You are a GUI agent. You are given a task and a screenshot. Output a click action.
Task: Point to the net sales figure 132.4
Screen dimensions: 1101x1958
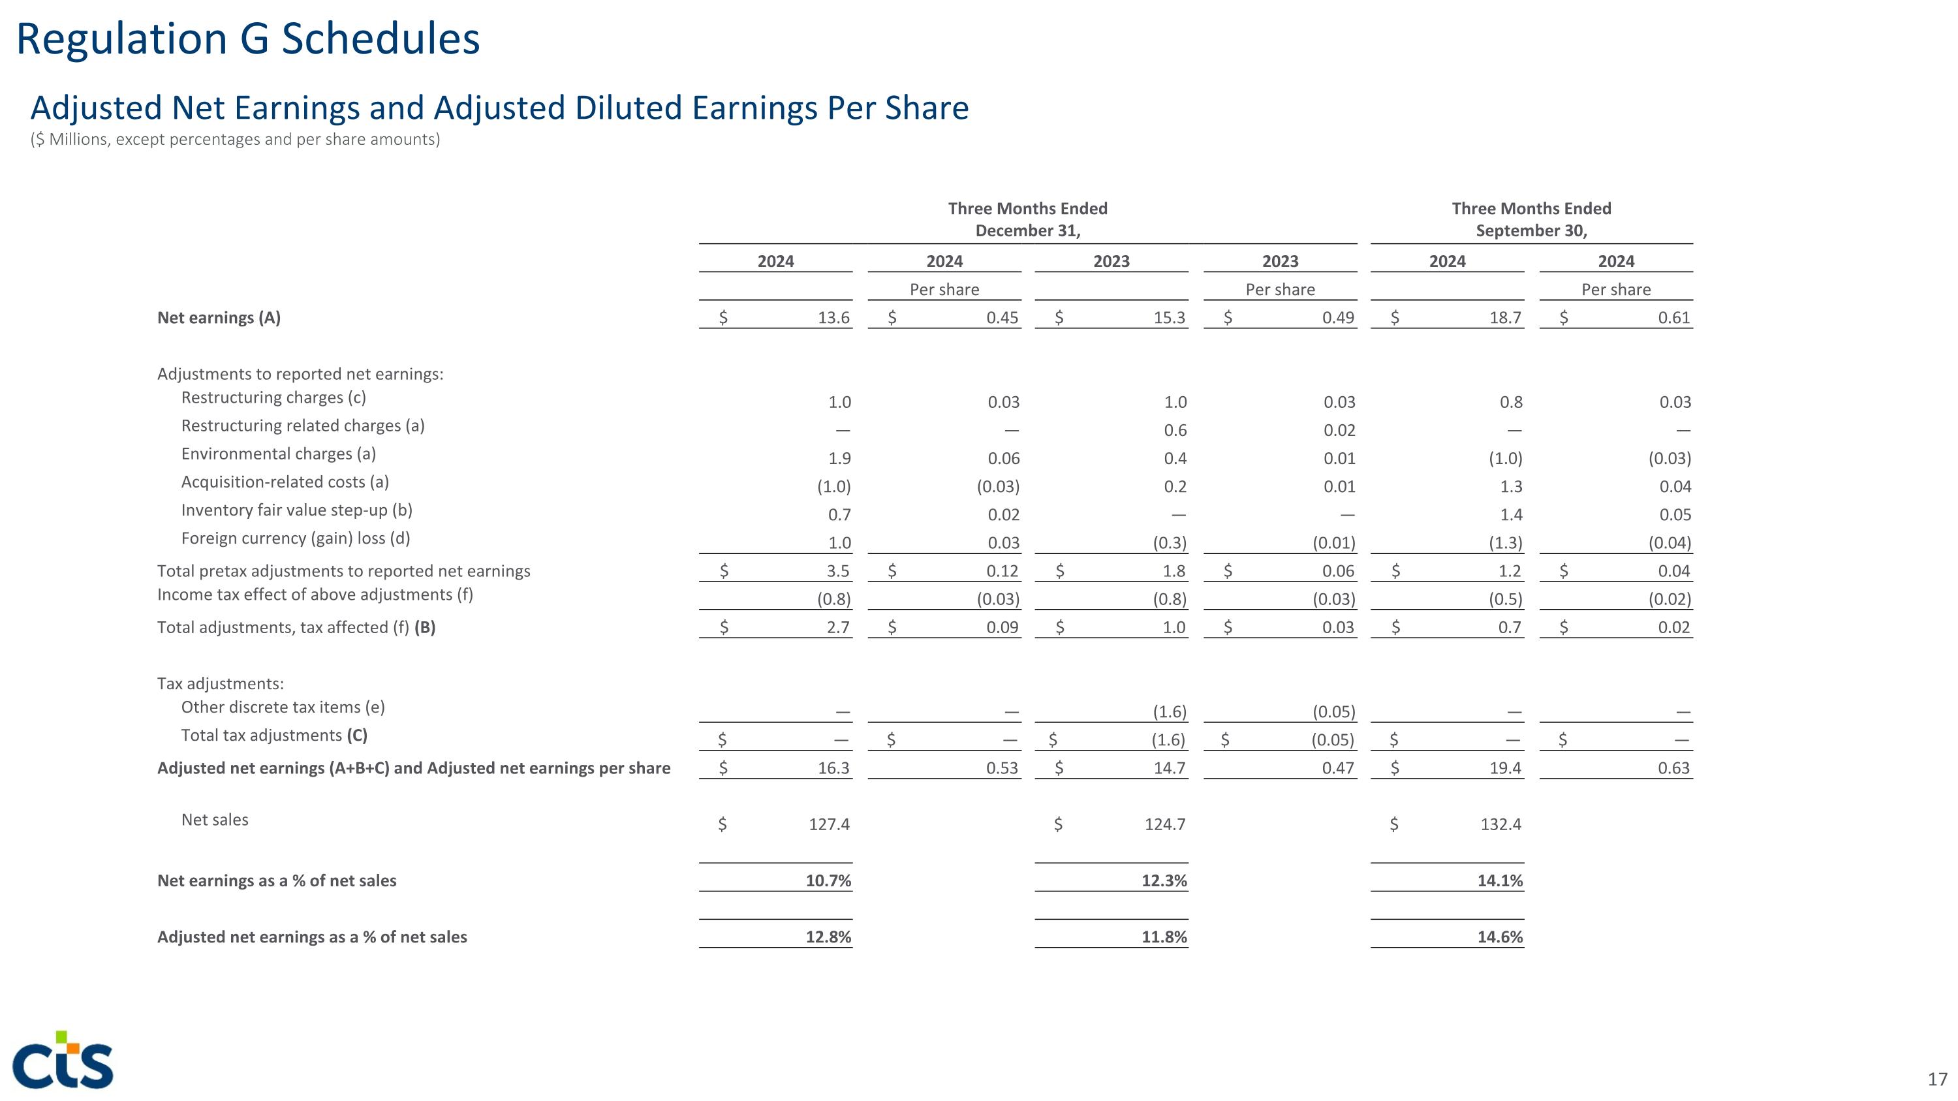[1500, 824]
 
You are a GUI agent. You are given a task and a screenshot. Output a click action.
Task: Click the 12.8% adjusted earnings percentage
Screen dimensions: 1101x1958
[828, 937]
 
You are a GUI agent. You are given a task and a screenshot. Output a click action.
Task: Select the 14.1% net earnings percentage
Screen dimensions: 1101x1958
[1500, 880]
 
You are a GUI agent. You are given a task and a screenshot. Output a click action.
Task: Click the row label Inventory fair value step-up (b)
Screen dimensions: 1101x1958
[296, 510]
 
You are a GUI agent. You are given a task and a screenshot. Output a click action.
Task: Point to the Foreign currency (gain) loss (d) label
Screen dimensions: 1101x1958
[295, 538]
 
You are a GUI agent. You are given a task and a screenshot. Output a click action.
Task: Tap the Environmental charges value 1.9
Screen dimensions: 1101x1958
[839, 458]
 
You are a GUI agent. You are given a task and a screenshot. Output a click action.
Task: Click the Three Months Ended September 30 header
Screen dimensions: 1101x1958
[1531, 219]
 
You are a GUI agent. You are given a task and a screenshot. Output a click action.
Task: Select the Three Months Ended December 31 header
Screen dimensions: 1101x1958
[1028, 219]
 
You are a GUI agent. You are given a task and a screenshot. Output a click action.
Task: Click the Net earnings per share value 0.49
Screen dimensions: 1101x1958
[1338, 318]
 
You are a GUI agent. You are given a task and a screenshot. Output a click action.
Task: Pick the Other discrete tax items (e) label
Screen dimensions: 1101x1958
[283, 707]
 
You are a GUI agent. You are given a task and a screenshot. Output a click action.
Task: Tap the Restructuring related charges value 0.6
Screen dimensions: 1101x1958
[1174, 430]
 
